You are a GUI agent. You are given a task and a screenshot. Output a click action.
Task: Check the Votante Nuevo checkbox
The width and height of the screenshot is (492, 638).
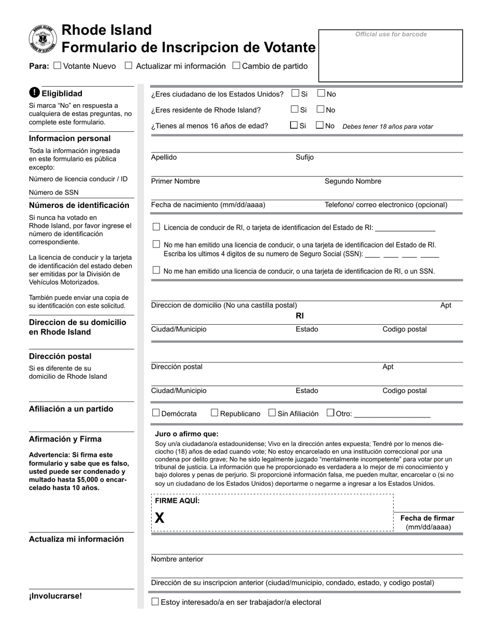[x=57, y=66]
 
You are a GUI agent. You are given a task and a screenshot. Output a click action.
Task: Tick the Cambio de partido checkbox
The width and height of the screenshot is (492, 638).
[x=236, y=66]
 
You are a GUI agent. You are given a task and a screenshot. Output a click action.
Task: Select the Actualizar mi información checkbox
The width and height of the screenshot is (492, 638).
[x=129, y=66]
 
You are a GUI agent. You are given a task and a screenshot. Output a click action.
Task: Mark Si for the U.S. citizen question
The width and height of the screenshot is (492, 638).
[x=295, y=94]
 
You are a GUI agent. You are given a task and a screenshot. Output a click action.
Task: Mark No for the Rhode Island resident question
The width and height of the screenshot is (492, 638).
[x=321, y=109]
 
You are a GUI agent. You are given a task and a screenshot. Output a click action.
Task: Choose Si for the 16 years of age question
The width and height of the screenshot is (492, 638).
[x=294, y=125]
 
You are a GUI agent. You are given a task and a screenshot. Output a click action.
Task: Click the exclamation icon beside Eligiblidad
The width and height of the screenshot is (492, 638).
[x=34, y=93]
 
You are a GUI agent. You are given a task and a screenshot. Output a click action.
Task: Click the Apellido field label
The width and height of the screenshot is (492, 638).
[x=164, y=158]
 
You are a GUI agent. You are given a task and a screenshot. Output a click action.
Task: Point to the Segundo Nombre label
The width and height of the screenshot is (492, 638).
[x=353, y=182]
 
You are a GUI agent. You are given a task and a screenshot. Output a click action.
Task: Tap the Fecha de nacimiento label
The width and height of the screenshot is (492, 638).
[x=208, y=205]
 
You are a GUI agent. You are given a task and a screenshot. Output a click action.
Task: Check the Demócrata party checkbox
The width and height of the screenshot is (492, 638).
[x=156, y=413]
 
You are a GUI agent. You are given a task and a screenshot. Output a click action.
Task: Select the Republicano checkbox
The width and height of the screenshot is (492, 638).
[x=214, y=413]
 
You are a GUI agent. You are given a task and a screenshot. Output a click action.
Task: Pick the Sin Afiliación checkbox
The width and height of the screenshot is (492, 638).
[x=272, y=413]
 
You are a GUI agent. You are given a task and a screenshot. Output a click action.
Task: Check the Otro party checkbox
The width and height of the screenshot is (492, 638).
[x=330, y=413]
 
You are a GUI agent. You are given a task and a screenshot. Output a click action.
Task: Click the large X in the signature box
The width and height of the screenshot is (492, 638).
[x=160, y=518]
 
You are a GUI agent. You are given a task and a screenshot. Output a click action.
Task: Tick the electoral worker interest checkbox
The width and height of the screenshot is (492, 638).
[x=155, y=602]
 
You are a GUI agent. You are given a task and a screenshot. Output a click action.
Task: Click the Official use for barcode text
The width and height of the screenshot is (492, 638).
[x=391, y=34]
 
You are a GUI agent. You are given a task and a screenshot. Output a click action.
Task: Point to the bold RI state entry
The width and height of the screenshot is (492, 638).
[x=300, y=316]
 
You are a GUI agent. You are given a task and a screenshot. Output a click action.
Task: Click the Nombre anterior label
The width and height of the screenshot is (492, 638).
[x=177, y=559]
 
